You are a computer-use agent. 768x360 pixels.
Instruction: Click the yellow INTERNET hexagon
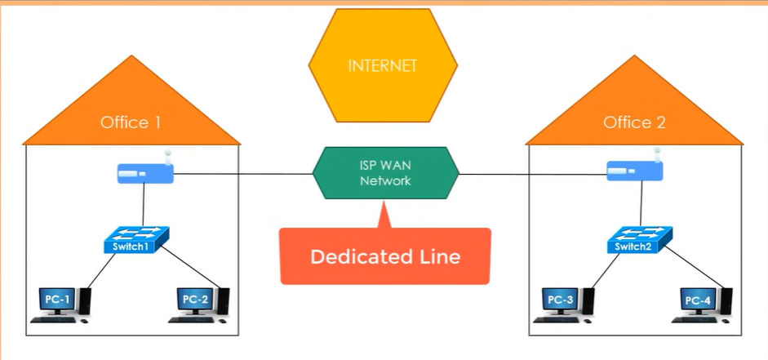click(381, 64)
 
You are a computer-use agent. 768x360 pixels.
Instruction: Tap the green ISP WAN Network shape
click(385, 172)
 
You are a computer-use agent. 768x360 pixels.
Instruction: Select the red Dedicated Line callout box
click(385, 256)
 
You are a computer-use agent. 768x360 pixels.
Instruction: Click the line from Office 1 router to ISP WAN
click(245, 173)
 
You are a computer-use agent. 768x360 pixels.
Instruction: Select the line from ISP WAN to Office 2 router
click(530, 173)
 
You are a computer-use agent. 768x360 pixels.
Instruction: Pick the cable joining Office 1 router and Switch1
click(144, 204)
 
